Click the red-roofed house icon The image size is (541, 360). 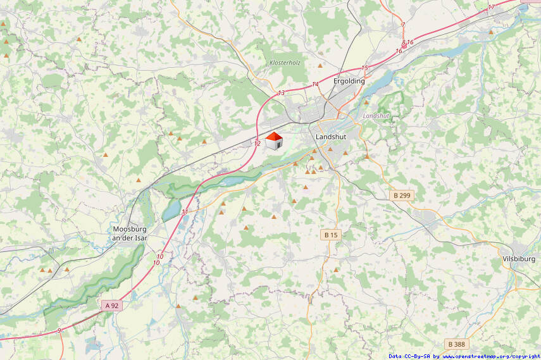click(x=273, y=141)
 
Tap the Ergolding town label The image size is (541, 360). click(x=349, y=81)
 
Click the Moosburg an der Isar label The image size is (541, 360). click(x=129, y=233)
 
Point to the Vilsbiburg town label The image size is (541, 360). click(x=519, y=259)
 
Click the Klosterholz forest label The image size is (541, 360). click(x=284, y=63)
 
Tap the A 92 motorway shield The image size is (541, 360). click(x=111, y=306)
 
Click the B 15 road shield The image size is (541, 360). click(x=331, y=235)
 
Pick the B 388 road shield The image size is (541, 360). click(x=456, y=344)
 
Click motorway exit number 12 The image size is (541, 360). click(x=258, y=144)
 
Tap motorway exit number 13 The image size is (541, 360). click(x=281, y=94)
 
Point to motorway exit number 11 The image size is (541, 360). click(x=185, y=212)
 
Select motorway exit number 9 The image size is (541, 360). click(x=59, y=330)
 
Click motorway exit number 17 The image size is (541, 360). click(x=492, y=8)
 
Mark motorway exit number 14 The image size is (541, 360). click(x=315, y=84)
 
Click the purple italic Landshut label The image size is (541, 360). click(x=376, y=116)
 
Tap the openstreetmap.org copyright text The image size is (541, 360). click(x=464, y=356)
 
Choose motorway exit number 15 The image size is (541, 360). click(x=364, y=68)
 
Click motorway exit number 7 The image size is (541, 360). click(x=403, y=25)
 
